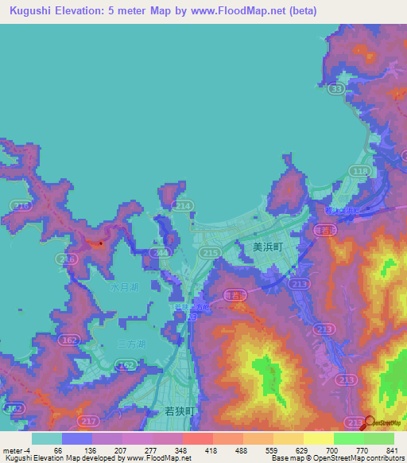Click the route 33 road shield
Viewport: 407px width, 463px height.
point(337,91)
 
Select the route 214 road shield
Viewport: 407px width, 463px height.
point(184,206)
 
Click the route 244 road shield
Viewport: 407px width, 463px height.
point(162,252)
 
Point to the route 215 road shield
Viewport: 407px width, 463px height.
point(210,252)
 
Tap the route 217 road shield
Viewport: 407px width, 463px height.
point(87,419)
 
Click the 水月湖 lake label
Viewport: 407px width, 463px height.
point(124,288)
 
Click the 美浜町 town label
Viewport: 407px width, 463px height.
point(268,247)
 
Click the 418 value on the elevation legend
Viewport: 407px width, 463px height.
point(211,449)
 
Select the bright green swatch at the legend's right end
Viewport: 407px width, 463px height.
point(379,438)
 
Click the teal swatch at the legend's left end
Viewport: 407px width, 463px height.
point(47,438)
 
